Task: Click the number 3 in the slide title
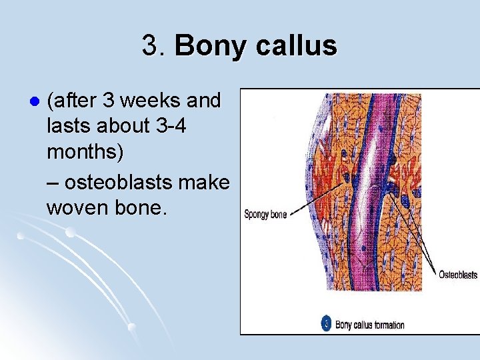[x=149, y=46]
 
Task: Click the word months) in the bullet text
[x=85, y=152]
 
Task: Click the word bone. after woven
[x=143, y=207]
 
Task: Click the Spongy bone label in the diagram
[x=265, y=215]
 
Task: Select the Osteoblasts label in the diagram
[x=457, y=275]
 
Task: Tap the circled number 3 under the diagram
[x=326, y=324]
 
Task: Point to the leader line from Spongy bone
[x=313, y=203]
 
